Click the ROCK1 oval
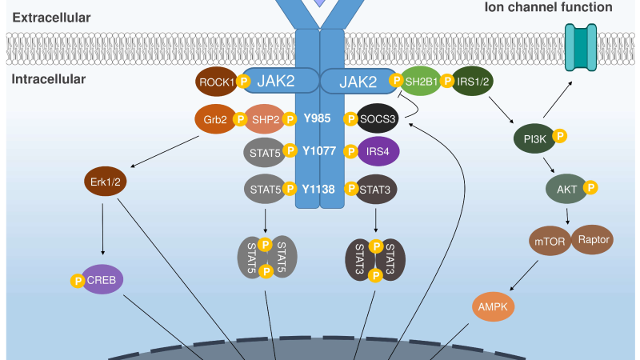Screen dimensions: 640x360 (x=217, y=82)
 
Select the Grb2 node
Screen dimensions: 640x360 (x=215, y=119)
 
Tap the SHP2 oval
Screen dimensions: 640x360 (x=265, y=119)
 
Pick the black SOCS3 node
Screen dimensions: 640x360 (x=378, y=118)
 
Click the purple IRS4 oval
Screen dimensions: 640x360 (x=378, y=151)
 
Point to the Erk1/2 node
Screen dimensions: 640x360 (x=106, y=182)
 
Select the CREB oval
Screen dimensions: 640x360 (x=102, y=279)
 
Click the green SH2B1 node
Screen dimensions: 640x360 (x=421, y=82)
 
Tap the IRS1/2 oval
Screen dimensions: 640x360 (x=472, y=82)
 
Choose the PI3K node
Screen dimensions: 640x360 (x=534, y=138)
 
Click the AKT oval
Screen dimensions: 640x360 (x=566, y=189)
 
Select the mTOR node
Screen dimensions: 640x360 (x=550, y=241)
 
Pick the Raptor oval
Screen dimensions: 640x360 (x=592, y=239)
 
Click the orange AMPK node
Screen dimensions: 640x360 (x=493, y=306)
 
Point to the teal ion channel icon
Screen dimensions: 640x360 (x=581, y=47)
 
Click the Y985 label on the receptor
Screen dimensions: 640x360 (x=317, y=118)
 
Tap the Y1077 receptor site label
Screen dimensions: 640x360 (x=319, y=151)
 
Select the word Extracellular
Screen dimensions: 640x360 (x=51, y=18)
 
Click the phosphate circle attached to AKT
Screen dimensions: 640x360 (x=590, y=187)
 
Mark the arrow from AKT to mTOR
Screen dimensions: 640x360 (x=567, y=216)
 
